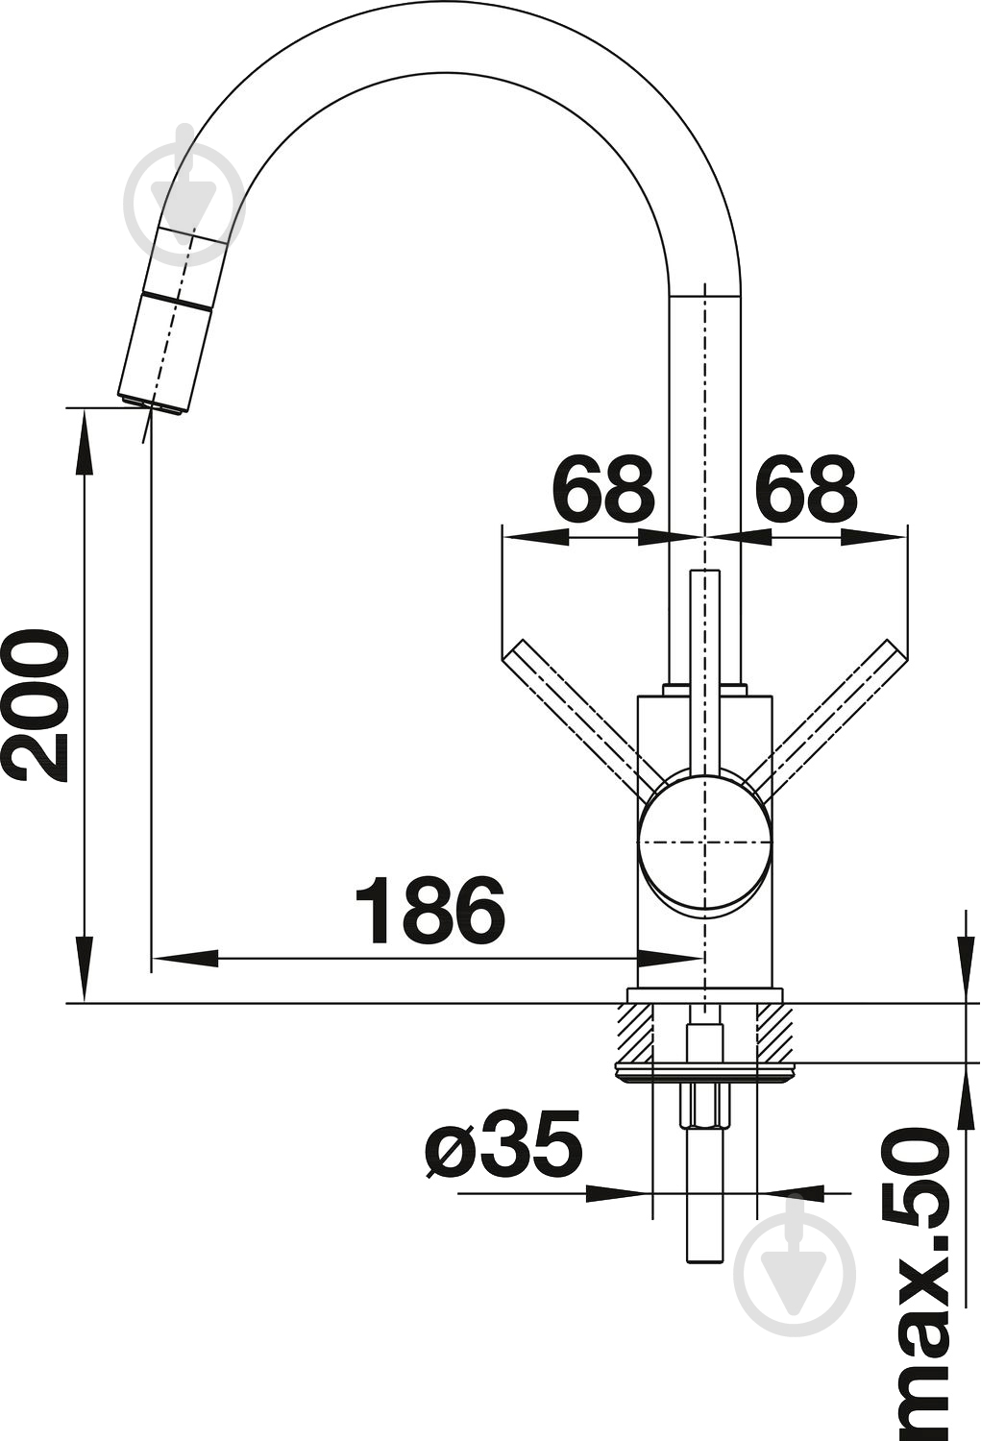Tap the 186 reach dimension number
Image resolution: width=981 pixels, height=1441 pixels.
429,910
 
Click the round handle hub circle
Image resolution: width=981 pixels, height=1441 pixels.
705,843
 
